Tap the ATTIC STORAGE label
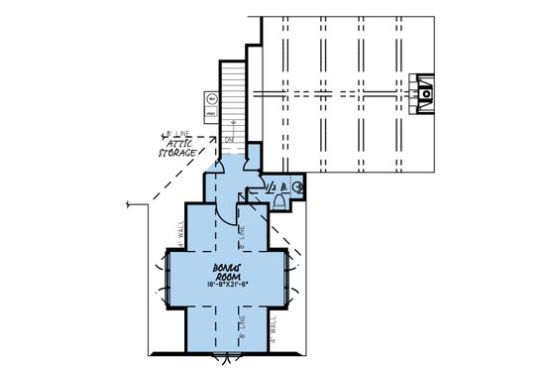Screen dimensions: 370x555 click(181, 146)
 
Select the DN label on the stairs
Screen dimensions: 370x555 click(228, 140)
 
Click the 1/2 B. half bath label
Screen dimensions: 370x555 click(276, 185)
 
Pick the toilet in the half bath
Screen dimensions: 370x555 click(278, 202)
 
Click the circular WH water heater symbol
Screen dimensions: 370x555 click(212, 98)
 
